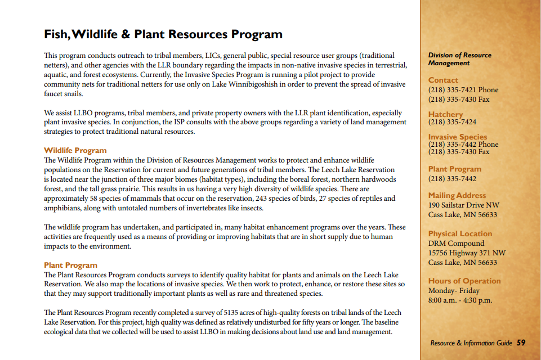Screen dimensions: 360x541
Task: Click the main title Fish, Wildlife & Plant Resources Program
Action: [163, 34]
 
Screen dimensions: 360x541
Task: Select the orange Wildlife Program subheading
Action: [75, 151]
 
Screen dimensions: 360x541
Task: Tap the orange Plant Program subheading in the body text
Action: [70, 265]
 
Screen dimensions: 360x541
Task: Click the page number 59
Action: [521, 343]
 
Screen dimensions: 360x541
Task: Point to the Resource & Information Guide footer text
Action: [471, 343]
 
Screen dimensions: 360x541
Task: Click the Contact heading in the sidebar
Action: [443, 80]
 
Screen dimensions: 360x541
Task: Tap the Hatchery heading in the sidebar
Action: [445, 114]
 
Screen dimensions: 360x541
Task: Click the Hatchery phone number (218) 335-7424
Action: [452, 121]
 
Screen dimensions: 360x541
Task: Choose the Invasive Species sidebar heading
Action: [457, 137]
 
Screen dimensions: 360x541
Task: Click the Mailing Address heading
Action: [457, 196]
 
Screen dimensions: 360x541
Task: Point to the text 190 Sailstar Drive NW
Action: [463, 205]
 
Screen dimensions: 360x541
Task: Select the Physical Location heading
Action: [460, 233]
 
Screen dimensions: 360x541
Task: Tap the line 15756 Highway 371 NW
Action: [467, 253]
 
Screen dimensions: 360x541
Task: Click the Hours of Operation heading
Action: [464, 281]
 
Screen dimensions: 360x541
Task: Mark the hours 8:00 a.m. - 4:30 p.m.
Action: [460, 300]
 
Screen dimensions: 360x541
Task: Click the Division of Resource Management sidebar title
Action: [459, 59]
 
